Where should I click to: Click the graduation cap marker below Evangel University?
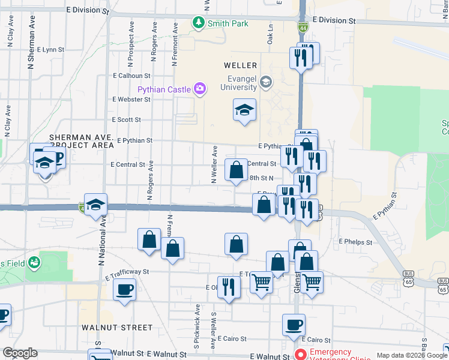coord(244,110)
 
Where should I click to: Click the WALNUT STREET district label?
coord(118,328)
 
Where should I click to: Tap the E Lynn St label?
coord(50,50)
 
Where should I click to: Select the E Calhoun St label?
coord(131,76)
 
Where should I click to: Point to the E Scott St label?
coord(126,119)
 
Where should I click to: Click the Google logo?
coord(20,353)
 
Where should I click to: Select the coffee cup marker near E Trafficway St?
coord(124,290)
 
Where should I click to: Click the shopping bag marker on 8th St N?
coord(237,170)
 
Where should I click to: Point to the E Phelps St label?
coord(355,242)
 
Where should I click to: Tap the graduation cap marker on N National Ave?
coord(95,205)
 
